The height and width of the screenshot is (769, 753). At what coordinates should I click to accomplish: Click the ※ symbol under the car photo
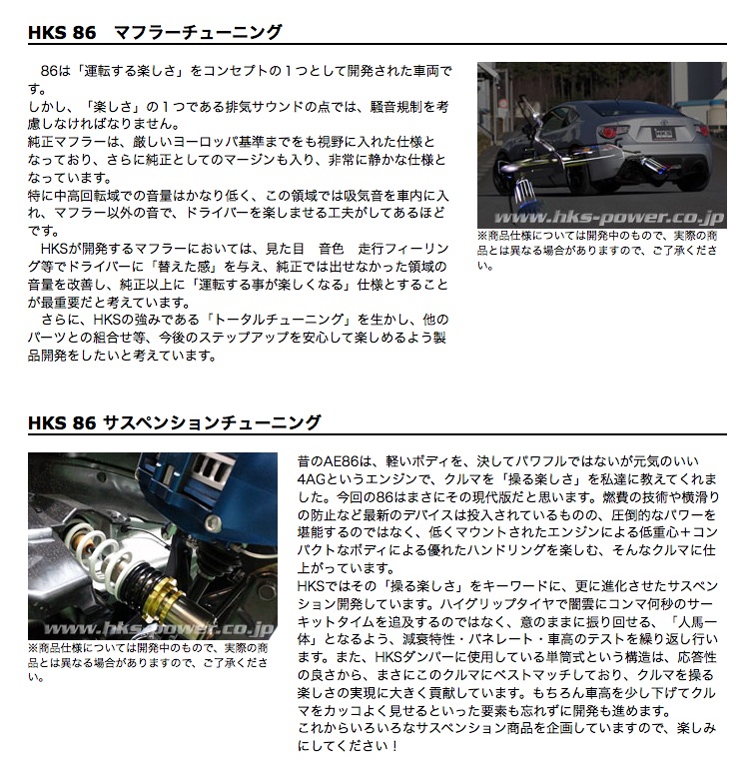tap(483, 237)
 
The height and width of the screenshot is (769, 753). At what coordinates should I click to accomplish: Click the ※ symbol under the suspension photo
tap(33, 647)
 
